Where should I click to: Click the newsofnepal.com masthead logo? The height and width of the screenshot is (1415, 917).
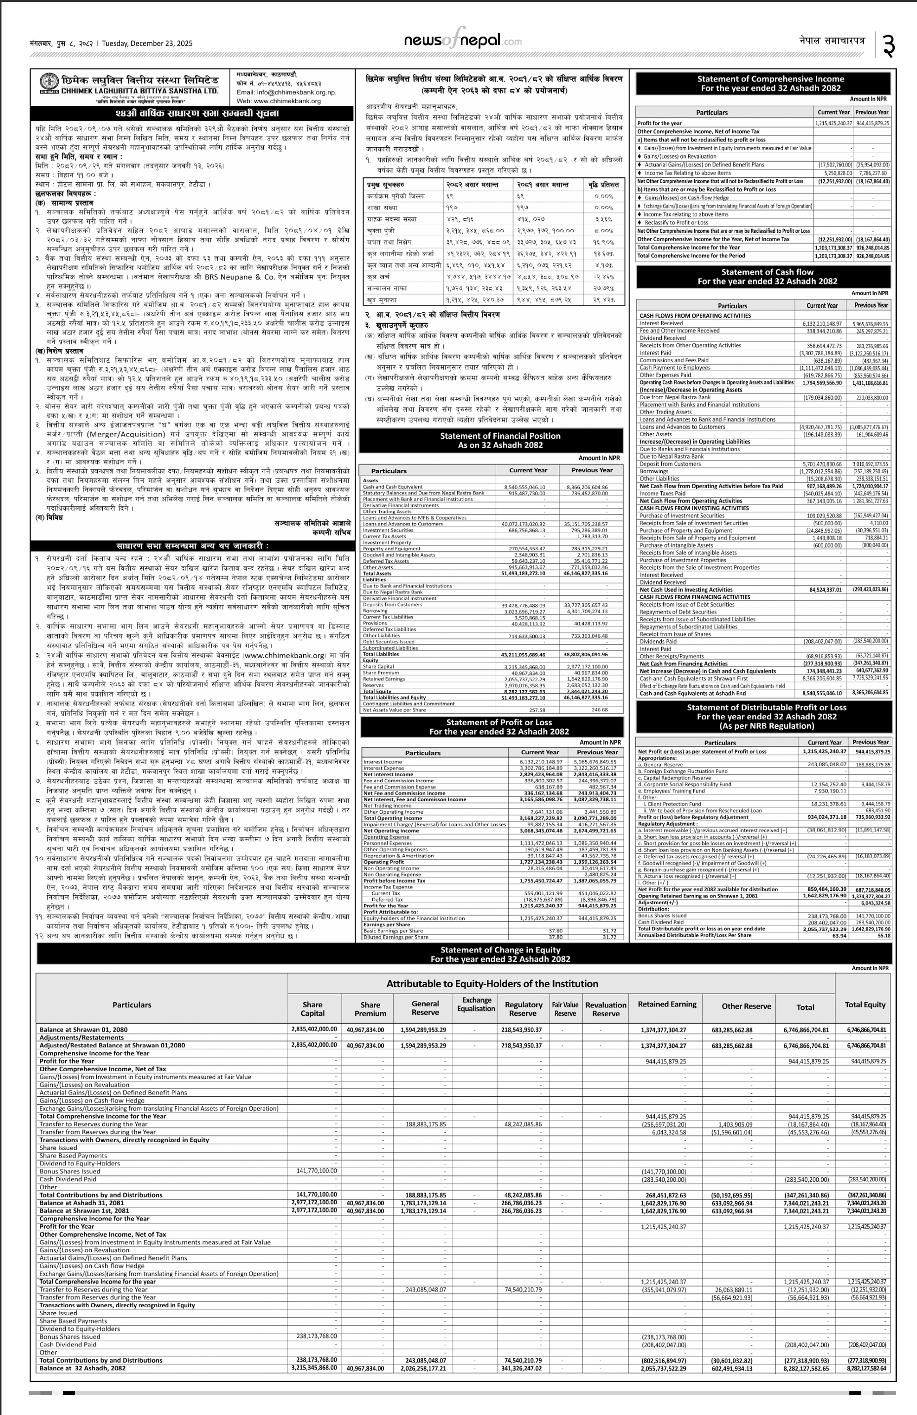[462, 41]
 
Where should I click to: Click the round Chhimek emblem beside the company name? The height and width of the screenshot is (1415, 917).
[49, 83]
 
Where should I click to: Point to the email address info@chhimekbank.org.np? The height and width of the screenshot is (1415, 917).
[286, 93]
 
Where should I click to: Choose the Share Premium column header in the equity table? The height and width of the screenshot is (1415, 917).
[370, 1009]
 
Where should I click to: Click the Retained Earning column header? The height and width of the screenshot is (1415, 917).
[666, 1004]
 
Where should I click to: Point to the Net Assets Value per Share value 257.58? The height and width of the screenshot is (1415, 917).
[537, 710]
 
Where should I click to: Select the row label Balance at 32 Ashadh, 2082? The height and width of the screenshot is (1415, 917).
[82, 1368]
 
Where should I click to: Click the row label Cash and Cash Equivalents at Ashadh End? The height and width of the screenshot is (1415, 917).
[692, 693]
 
